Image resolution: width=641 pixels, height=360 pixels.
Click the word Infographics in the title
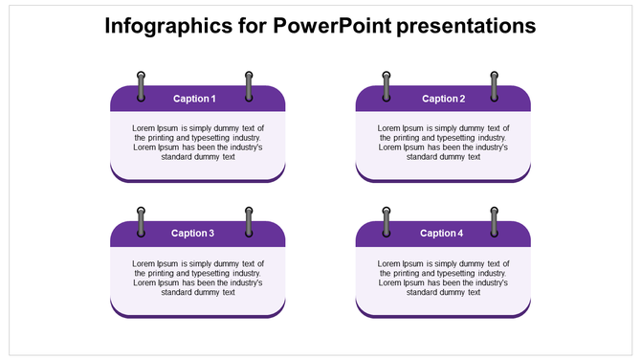point(166,26)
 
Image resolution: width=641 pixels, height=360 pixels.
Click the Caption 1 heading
point(194,99)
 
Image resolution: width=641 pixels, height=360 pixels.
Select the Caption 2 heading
point(443,99)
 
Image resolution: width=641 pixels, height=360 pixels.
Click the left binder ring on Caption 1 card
point(142,85)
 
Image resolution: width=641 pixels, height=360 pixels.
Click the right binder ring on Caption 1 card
point(249,85)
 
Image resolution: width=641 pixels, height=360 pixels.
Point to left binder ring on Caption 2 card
point(387,85)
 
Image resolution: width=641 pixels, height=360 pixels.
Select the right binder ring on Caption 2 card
point(495,85)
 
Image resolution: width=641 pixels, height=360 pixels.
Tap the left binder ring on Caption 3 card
point(142,221)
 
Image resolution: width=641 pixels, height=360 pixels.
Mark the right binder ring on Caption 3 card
point(249,221)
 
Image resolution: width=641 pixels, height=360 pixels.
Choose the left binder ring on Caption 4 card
point(387,221)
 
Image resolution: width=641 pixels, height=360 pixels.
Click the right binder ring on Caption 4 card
point(495,221)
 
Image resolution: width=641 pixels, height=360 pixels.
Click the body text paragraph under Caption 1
point(198,142)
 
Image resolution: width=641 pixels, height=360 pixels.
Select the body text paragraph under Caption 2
point(443,142)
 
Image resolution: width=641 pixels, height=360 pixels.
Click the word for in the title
point(250,26)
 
